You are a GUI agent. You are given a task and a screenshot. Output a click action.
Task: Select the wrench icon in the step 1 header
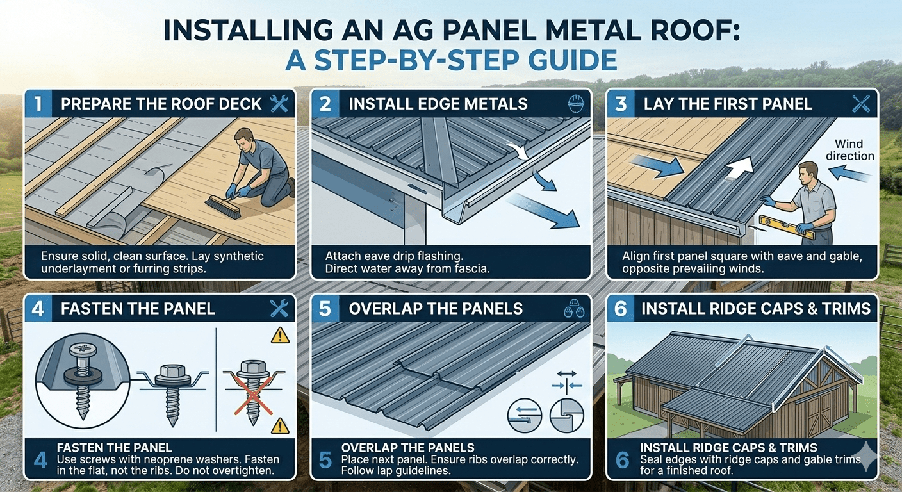(x=279, y=103)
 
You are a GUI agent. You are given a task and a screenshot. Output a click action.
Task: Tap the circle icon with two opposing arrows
(x=523, y=415)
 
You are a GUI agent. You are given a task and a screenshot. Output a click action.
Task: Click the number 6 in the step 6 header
(x=620, y=309)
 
